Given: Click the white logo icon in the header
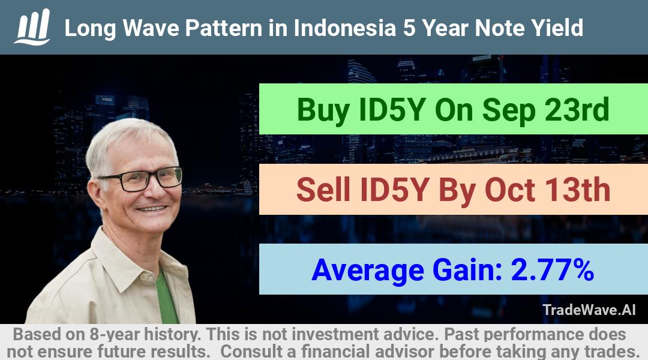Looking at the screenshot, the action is pos(32,27).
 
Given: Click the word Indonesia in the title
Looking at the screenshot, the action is pos(344,28).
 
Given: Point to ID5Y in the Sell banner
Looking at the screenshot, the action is pos(393,190).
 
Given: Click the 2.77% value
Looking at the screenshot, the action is pos(553,269).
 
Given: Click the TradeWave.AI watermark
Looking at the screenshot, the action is pos(589,310).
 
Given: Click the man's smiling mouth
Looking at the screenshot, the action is pos(152,209).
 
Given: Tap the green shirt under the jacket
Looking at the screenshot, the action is pos(166,298).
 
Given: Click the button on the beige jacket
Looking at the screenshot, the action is pos(143,276).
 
